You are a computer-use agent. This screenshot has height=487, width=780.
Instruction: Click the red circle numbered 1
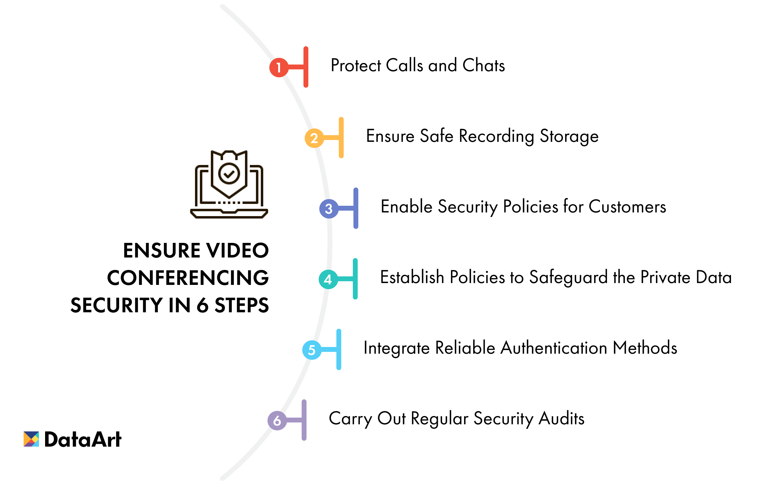click(x=279, y=67)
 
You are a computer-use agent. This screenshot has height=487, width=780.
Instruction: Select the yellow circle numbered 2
click(x=314, y=138)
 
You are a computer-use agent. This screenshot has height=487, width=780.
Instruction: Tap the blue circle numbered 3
click(x=328, y=209)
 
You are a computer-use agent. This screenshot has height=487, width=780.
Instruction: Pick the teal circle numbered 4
click(x=328, y=279)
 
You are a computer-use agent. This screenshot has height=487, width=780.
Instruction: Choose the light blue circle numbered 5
click(x=312, y=350)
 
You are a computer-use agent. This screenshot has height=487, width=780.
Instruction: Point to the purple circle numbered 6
click(x=277, y=420)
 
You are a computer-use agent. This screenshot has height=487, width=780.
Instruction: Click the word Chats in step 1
click(x=483, y=65)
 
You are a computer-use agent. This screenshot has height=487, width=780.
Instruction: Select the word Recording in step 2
click(x=496, y=136)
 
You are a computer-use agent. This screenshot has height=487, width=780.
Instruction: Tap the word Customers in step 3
click(x=627, y=207)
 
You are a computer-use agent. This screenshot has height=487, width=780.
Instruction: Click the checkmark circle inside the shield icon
click(x=229, y=173)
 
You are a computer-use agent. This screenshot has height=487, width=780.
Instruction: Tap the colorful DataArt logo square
click(x=31, y=439)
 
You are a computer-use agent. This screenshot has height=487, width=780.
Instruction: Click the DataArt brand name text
click(x=83, y=439)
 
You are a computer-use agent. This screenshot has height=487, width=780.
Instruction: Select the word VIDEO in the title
click(x=237, y=251)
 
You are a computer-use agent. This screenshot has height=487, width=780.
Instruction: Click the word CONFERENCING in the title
click(x=188, y=278)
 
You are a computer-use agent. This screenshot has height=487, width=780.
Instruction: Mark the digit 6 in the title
click(x=202, y=305)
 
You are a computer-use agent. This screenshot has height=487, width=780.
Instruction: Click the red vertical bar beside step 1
click(x=306, y=67)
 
